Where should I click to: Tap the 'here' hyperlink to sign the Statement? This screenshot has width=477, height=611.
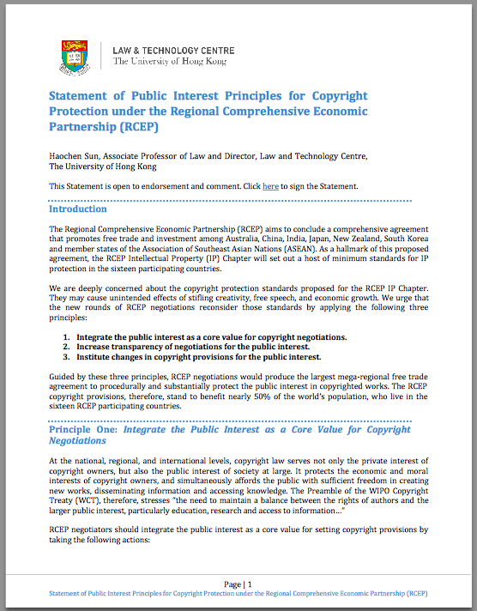(x=270, y=186)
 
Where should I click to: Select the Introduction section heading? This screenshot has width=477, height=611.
(x=78, y=209)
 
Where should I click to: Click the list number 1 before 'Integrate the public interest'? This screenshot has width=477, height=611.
(x=66, y=336)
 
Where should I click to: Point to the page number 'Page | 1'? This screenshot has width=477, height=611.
(x=238, y=584)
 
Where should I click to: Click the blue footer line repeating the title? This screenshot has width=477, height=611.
(x=238, y=593)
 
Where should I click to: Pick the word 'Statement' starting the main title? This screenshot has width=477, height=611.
(x=84, y=95)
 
